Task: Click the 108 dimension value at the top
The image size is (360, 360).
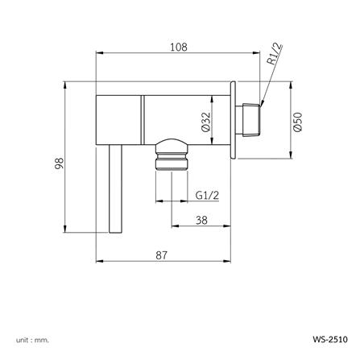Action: pyautogui.click(x=179, y=48)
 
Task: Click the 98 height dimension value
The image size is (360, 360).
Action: pyautogui.click(x=59, y=163)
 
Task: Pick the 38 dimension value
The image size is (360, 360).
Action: pyautogui.click(x=202, y=219)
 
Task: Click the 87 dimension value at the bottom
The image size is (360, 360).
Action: pyautogui.click(x=162, y=254)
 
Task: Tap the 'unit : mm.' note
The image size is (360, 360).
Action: pyautogui.click(x=31, y=340)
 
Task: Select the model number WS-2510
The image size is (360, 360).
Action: pyautogui.click(x=329, y=340)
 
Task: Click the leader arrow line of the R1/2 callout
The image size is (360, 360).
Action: pyautogui.click(x=269, y=84)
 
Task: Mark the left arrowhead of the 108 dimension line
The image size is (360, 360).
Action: pyautogui.click(x=100, y=55)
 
